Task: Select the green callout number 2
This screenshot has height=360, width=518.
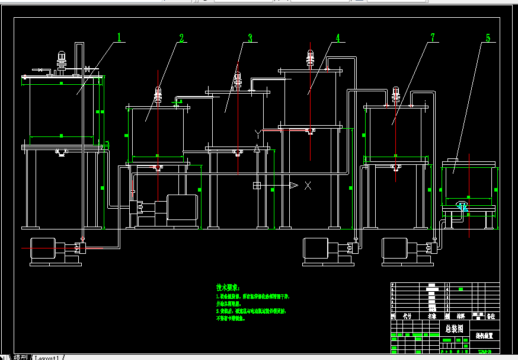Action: click(181, 39)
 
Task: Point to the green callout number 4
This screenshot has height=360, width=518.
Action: click(338, 38)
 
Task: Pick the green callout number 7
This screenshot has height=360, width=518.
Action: click(433, 37)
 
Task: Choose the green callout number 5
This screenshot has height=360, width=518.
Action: click(488, 38)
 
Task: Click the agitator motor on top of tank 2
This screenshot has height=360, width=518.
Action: click(158, 94)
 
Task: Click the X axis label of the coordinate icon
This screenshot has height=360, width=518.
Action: click(308, 186)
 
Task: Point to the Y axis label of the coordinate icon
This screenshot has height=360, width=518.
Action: click(257, 131)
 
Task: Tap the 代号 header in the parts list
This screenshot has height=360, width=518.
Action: click(407, 316)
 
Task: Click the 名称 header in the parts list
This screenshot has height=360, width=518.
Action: click(432, 316)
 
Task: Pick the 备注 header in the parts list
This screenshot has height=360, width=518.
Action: click(490, 316)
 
